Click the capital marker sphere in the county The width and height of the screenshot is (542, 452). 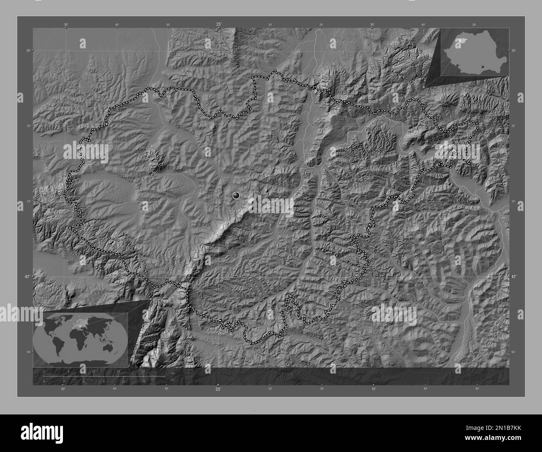237,195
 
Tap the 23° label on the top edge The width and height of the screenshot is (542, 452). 218,25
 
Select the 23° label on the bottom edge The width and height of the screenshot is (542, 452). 218,389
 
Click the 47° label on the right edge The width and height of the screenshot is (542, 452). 513,276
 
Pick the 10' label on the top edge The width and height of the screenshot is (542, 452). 270,25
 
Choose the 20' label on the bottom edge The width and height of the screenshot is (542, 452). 321,389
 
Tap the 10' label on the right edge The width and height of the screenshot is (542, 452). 513,201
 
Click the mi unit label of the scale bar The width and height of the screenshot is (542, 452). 172,380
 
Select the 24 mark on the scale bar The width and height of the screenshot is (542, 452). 143,371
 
